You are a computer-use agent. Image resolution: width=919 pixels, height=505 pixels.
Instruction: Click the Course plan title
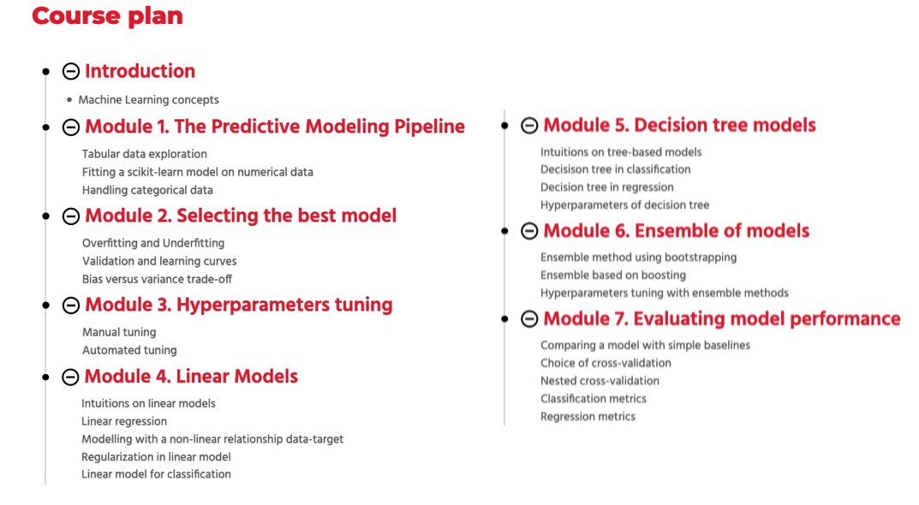click(107, 16)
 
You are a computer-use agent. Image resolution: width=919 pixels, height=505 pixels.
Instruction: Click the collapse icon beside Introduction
click(71, 72)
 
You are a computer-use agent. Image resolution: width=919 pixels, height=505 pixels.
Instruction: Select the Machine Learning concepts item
click(148, 100)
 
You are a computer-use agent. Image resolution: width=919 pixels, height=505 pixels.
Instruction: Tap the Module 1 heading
click(274, 127)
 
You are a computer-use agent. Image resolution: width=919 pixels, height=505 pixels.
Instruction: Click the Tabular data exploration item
click(145, 154)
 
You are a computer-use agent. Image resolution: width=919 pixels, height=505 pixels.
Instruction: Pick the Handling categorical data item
click(147, 190)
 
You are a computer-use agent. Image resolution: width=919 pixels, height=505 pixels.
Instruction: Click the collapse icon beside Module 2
click(71, 217)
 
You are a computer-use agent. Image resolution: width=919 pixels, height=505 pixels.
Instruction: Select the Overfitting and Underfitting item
click(153, 243)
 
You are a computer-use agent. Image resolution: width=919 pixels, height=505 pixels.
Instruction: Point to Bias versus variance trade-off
click(157, 279)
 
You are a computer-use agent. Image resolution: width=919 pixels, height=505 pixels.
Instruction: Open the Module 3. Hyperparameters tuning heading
click(238, 305)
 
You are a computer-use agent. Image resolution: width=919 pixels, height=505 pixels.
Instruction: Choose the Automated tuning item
click(129, 350)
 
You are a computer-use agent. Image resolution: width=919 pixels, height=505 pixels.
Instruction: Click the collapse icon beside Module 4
click(71, 377)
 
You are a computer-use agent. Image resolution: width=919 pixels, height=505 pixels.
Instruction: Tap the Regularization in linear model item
click(156, 456)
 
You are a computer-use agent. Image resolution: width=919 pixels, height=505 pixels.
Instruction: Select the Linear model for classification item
click(156, 474)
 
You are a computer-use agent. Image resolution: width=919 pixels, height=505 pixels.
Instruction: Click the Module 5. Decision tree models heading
click(679, 125)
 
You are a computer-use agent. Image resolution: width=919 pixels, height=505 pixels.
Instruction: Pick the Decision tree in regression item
click(606, 187)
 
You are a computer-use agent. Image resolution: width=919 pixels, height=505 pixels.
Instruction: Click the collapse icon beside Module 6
click(529, 231)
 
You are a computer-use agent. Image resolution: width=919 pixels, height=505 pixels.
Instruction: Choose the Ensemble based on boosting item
click(612, 275)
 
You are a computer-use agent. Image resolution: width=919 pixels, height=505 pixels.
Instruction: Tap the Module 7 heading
click(721, 319)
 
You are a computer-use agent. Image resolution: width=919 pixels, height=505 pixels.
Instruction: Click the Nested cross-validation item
click(600, 381)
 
